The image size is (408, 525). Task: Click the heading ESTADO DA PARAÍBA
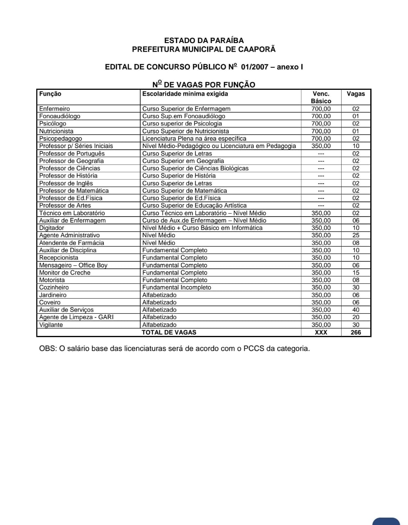pyautogui.click(x=204, y=41)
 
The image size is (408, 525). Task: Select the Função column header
pyautogui.click(x=50, y=94)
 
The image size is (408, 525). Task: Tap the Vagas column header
pyautogui.click(x=356, y=94)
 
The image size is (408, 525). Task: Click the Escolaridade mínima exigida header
pyautogui.click(x=185, y=94)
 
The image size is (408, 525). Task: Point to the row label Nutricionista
pyautogui.click(x=56, y=131)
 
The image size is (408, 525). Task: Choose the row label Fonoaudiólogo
pyautogui.click(x=59, y=116)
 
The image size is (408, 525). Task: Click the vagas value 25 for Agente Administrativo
pyautogui.click(x=356, y=235)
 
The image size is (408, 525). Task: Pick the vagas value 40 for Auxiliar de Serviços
pyautogui.click(x=356, y=310)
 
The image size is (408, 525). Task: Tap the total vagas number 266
pyautogui.click(x=356, y=333)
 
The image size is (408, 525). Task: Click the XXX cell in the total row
pyautogui.click(x=321, y=333)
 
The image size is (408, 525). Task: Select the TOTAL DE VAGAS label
pyautogui.click(x=169, y=333)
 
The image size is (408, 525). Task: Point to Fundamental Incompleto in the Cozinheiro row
pyautogui.click(x=176, y=288)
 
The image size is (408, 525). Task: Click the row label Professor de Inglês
pyautogui.click(x=66, y=183)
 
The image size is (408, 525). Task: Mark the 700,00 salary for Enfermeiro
pyautogui.click(x=321, y=109)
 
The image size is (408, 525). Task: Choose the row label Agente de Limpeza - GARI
pyautogui.click(x=76, y=317)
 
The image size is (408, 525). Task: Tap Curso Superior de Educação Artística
pyautogui.click(x=194, y=205)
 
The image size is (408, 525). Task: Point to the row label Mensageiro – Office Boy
pyautogui.click(x=73, y=265)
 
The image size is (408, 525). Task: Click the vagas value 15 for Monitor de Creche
pyautogui.click(x=356, y=273)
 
